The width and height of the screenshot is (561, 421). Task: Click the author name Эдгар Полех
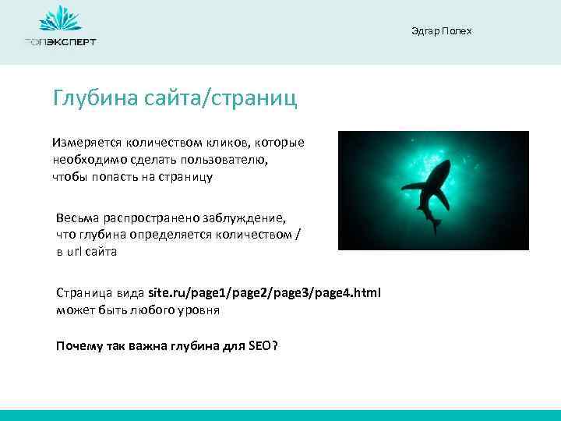pyautogui.click(x=441, y=30)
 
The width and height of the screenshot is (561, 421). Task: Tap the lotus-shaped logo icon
pyautogui.click(x=60, y=19)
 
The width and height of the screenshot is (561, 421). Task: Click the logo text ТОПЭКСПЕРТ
pyautogui.click(x=60, y=42)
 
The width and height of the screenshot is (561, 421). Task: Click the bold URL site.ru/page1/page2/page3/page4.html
pyautogui.click(x=265, y=294)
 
